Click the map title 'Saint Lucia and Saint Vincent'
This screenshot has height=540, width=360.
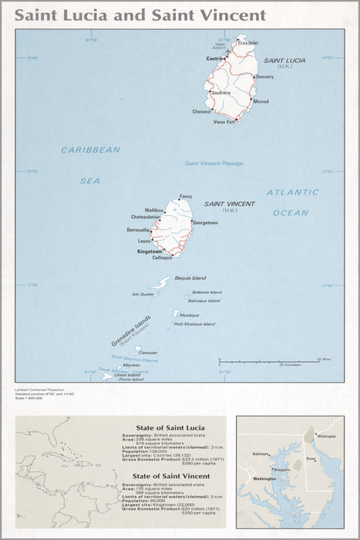click(141, 15)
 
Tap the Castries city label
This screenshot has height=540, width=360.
click(215, 58)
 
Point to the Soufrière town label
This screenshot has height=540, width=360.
click(221, 93)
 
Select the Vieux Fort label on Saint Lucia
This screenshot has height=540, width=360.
click(224, 121)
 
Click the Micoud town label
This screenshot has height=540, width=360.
click(261, 102)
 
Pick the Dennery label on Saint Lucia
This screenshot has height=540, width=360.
click(264, 77)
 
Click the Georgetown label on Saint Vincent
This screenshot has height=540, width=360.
click(205, 223)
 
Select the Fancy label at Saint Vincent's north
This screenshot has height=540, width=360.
click(185, 196)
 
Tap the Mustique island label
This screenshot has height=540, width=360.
click(189, 315)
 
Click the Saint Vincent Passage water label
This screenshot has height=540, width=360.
click(214, 164)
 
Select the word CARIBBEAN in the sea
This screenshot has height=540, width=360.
click(91, 150)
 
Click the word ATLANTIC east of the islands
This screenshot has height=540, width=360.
click(292, 192)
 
